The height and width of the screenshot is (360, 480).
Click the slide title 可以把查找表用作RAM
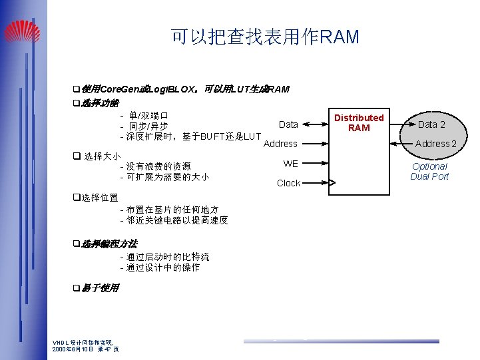[265, 37]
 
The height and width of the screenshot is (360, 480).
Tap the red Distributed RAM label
[359, 122]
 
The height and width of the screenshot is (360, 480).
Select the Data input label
[288, 124]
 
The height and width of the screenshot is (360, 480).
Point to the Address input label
[280, 144]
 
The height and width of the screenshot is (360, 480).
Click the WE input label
[291, 164]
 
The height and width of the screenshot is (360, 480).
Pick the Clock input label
[288, 183]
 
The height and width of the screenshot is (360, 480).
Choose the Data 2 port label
[431, 124]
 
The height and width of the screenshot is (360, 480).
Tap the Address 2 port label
[435, 144]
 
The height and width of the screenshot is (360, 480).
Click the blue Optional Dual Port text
[429, 171]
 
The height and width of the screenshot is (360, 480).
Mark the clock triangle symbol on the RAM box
[333, 183]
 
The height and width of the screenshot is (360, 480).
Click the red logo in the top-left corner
[21, 31]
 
